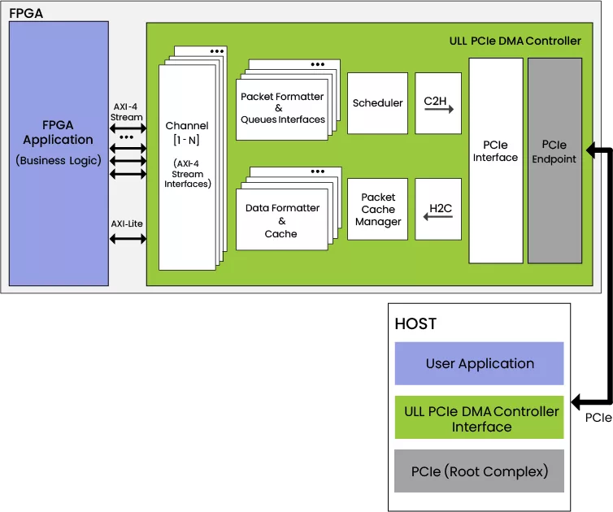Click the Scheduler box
point(377,103)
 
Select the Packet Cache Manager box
point(377,210)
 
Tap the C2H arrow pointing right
point(439,108)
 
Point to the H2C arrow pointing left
point(439,216)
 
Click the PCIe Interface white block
point(495,160)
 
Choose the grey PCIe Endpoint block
point(554,160)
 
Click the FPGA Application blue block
point(59,154)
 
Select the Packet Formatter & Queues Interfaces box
point(282,108)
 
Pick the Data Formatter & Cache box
point(281,220)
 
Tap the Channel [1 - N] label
point(187,132)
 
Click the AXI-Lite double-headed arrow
point(128,239)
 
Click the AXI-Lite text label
point(128,223)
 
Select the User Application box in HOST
point(480,363)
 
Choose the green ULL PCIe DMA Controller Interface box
point(480,418)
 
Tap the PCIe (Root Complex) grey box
point(480,471)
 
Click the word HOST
point(415,323)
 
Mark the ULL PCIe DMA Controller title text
point(515,41)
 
